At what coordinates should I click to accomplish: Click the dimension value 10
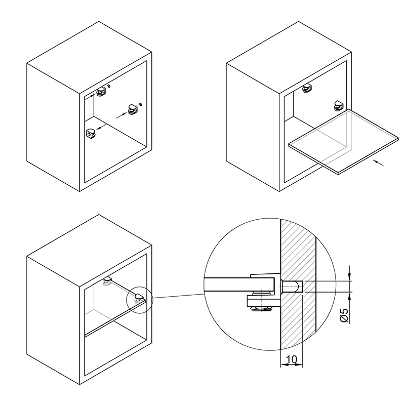tap(292, 359)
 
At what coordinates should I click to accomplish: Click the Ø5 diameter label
tap(345, 315)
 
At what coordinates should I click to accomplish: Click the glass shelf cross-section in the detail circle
tap(239, 284)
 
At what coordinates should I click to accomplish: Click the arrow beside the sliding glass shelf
tap(379, 163)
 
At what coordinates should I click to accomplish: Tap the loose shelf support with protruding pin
tap(91, 134)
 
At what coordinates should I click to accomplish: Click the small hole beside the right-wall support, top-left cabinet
tap(141, 104)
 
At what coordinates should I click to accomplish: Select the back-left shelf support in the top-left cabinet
tap(101, 92)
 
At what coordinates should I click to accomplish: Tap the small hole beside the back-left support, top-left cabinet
tap(109, 86)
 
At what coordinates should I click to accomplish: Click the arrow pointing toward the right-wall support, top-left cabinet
tap(121, 115)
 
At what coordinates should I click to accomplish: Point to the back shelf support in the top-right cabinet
tap(307, 88)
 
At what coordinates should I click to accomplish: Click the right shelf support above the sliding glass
tap(338, 106)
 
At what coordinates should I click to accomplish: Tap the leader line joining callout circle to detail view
tap(179, 296)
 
